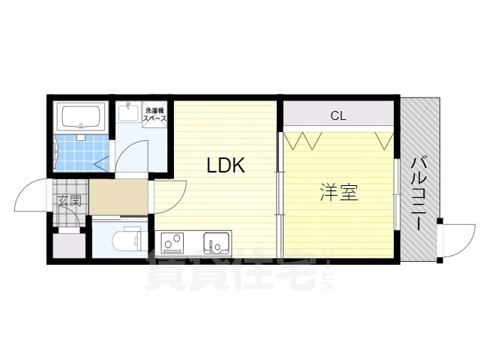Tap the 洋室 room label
coord(339,193)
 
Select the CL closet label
coord(338,115)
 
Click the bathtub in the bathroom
coord(82,117)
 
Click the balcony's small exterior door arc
coord(454,240)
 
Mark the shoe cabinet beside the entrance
coord(70,246)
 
